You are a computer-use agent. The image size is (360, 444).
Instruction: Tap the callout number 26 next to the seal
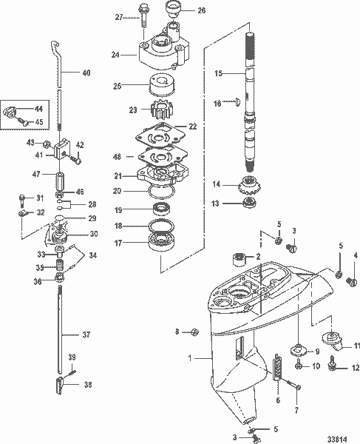pyautogui.click(x=202, y=10)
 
